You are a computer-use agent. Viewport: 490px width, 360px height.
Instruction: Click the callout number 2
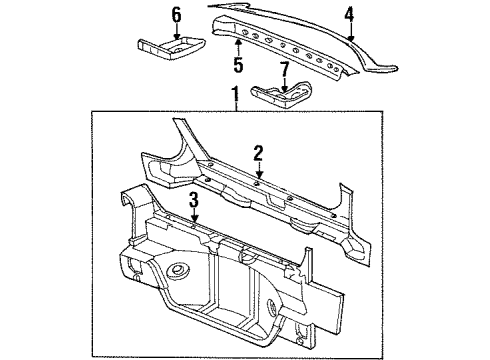point(258,152)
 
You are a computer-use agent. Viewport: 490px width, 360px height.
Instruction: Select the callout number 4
point(349,14)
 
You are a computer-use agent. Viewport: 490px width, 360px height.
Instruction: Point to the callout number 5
point(238,67)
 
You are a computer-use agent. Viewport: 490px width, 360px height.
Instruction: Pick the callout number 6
point(176,14)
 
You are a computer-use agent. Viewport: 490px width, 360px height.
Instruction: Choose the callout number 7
point(287,70)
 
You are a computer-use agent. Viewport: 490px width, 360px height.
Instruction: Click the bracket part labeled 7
point(280,96)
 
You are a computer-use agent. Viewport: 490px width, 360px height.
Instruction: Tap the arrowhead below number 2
point(258,178)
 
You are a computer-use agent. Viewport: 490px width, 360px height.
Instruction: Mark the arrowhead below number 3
point(194,221)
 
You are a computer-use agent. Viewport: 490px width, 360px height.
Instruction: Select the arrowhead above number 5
point(238,42)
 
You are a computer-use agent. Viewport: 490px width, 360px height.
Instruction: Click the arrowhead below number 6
point(176,38)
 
